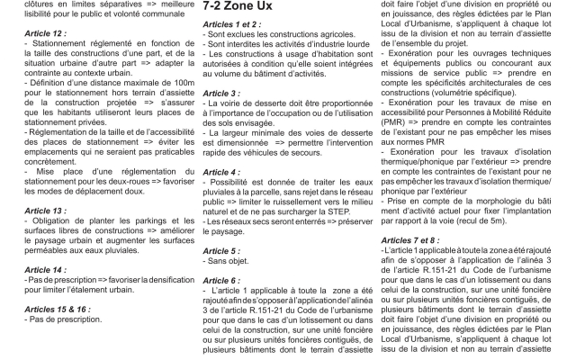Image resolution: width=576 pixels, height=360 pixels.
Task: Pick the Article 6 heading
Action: (x=216, y=280)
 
